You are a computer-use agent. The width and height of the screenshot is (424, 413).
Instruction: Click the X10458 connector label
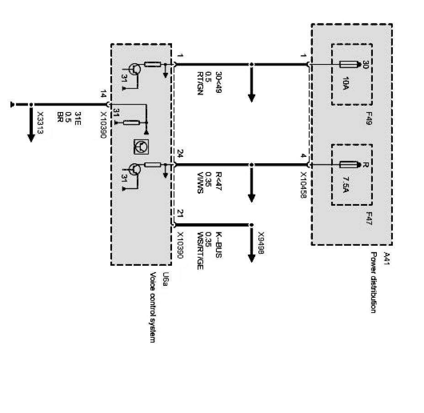(x=302, y=184)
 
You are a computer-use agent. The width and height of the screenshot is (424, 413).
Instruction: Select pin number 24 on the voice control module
(x=180, y=155)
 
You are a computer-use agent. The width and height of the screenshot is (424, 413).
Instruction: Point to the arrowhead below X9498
(x=251, y=256)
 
